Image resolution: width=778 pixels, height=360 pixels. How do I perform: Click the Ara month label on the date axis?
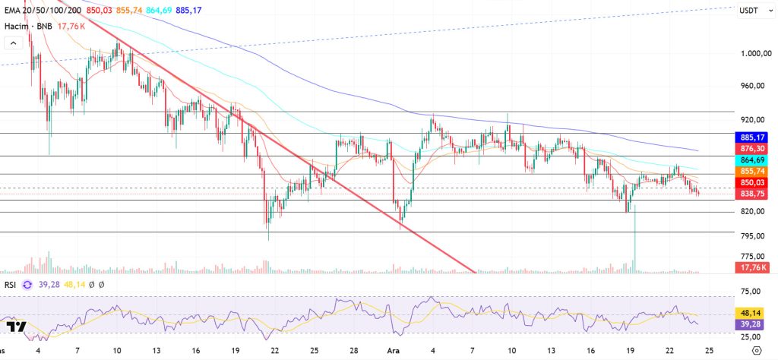(x=393, y=352)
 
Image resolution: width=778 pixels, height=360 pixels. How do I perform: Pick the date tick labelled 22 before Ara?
(x=274, y=352)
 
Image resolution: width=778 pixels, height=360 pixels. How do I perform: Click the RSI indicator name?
(x=11, y=284)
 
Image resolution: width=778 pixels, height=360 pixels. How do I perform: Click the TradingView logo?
(x=16, y=326)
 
